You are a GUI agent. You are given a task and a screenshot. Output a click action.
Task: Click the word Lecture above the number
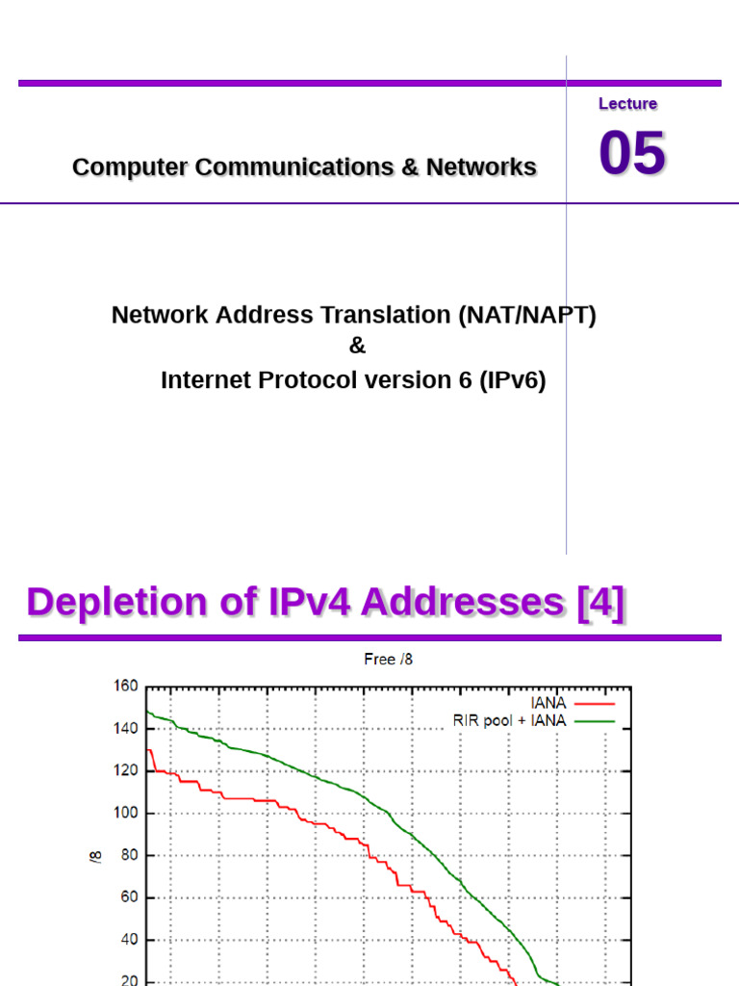pos(627,104)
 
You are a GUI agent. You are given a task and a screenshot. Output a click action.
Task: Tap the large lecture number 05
pos(632,154)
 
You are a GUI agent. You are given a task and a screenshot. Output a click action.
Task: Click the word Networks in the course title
pos(481,167)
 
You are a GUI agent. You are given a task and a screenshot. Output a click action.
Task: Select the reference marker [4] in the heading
pos(600,602)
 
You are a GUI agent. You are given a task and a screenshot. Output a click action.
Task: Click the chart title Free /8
pos(389,660)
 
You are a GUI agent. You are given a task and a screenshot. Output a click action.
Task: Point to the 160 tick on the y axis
pos(127,687)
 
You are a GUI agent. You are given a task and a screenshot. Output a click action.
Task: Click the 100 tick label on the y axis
pos(127,813)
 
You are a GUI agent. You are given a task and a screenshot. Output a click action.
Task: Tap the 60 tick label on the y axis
pos(130,897)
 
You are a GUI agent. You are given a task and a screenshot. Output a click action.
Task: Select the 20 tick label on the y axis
pos(130,980)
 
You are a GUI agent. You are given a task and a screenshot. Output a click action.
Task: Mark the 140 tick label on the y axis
pos(127,729)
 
